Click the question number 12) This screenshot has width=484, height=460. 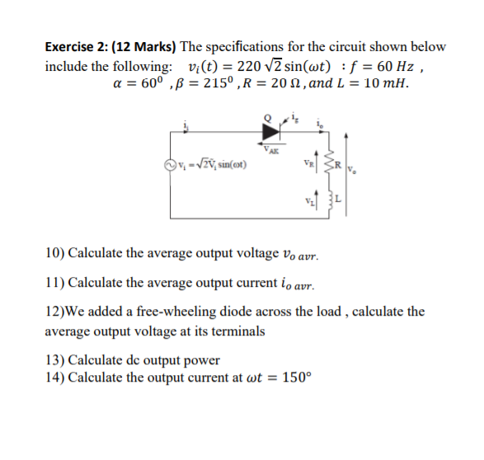(55, 312)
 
